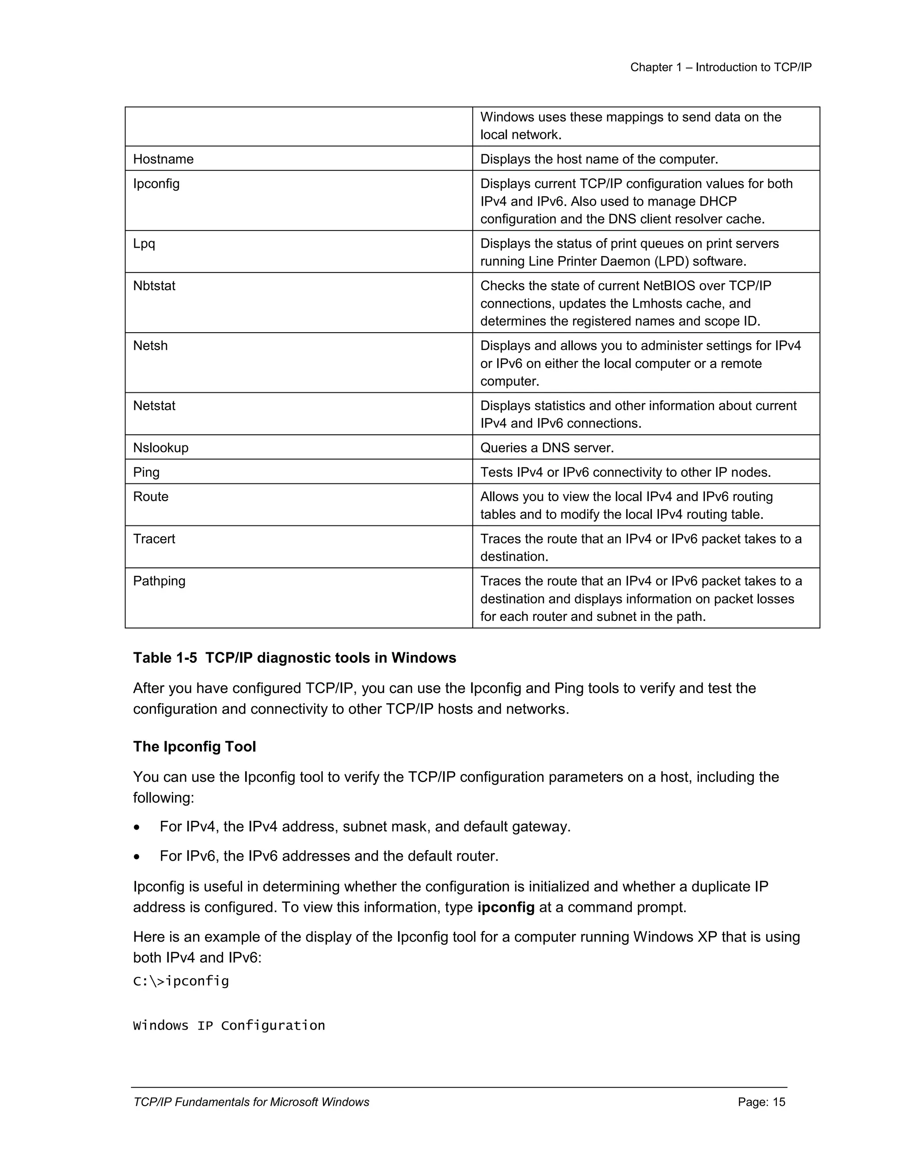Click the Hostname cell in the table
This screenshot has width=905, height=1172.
click(163, 159)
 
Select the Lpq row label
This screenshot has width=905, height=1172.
click(144, 244)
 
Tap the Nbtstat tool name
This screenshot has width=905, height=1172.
click(154, 286)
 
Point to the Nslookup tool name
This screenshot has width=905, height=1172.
click(160, 448)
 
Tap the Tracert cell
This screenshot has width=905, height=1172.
click(154, 539)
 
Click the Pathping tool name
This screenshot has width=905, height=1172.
click(159, 581)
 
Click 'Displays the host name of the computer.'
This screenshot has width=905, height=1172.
click(598, 159)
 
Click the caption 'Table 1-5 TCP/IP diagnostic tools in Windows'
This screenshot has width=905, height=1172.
click(294, 658)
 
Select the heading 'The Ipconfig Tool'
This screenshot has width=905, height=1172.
click(194, 747)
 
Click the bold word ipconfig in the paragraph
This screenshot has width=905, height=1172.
click(505, 907)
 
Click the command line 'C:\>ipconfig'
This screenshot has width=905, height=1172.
click(181, 981)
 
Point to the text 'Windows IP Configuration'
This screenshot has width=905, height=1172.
click(228, 1026)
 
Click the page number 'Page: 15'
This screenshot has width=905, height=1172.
click(761, 1102)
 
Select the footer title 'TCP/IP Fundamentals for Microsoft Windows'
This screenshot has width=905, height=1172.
click(251, 1102)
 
